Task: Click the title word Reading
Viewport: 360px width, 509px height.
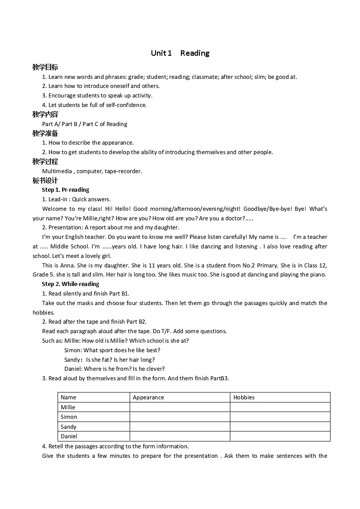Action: point(195,53)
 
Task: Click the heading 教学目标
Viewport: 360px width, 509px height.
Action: point(45,67)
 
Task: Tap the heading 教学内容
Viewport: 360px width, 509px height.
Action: point(45,114)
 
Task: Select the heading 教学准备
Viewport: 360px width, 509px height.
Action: point(45,133)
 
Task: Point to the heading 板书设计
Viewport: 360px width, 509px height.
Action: point(45,180)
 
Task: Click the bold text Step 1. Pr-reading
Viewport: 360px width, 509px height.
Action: point(65,189)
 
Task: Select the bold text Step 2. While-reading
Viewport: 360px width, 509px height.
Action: point(70,284)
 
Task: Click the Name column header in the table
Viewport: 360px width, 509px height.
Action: point(68,398)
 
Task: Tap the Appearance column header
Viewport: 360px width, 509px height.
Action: point(148,398)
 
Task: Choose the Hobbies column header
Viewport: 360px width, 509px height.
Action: point(244,398)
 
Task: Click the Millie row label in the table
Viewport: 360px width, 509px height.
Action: point(68,407)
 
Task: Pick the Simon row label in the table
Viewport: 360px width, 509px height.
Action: point(69,417)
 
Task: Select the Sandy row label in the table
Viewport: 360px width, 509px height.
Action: point(68,427)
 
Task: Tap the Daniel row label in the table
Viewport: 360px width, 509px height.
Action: point(69,436)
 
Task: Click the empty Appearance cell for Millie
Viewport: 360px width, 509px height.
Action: point(180,407)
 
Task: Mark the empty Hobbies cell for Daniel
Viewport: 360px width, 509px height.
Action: point(280,436)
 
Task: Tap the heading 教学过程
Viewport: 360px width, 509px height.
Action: point(45,161)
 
